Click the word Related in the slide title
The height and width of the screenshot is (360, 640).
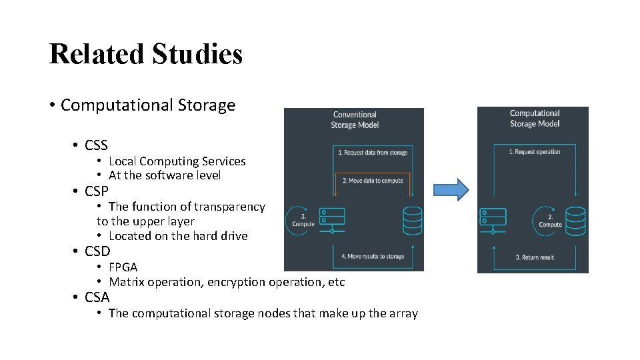(x=97, y=54)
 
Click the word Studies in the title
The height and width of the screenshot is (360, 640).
(x=197, y=54)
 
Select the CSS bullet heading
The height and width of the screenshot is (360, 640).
(x=96, y=145)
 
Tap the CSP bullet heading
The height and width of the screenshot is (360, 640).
(x=96, y=191)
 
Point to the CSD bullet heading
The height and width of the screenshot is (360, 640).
(x=97, y=251)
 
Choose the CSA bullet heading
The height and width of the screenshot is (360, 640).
(x=97, y=297)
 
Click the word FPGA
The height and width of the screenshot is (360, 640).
(x=123, y=267)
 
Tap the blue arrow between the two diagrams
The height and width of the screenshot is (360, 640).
(x=451, y=190)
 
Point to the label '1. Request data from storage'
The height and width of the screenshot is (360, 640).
(x=372, y=153)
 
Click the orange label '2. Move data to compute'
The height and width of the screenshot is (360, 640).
(x=372, y=181)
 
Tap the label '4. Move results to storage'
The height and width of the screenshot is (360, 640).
(x=372, y=256)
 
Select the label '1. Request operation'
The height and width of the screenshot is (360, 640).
(x=534, y=152)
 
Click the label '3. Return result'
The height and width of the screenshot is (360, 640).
(x=535, y=257)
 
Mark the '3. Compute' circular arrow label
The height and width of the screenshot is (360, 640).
(x=303, y=220)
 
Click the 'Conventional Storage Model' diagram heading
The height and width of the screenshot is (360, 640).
(x=354, y=120)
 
